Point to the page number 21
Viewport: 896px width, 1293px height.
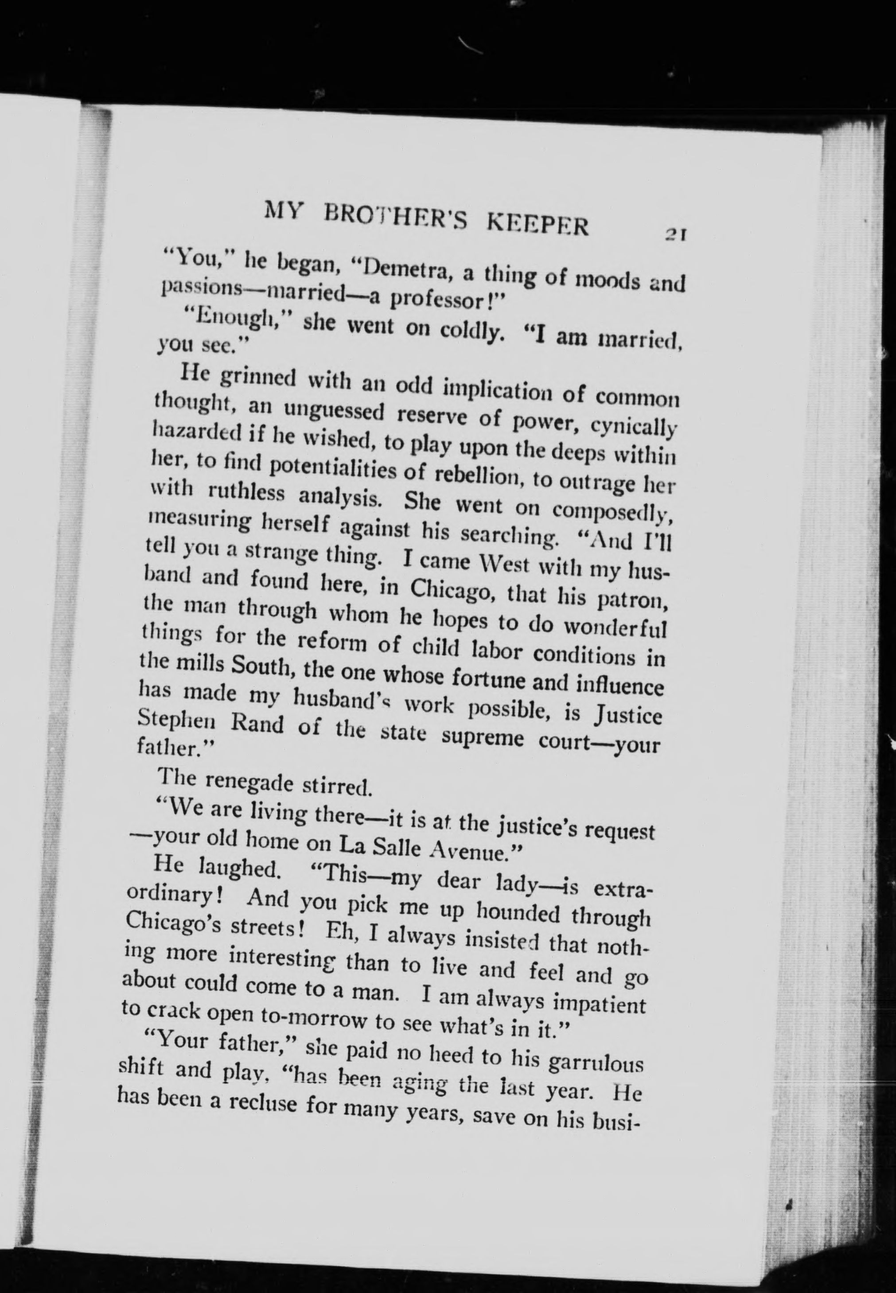point(675,234)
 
